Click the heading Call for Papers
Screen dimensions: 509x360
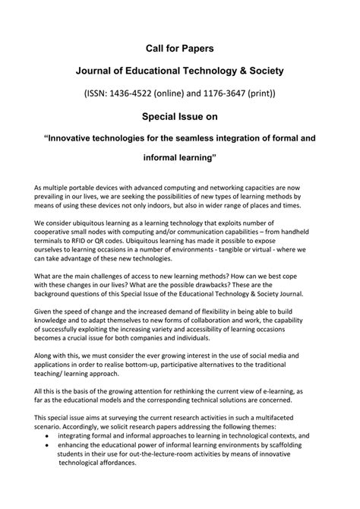tap(180, 48)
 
